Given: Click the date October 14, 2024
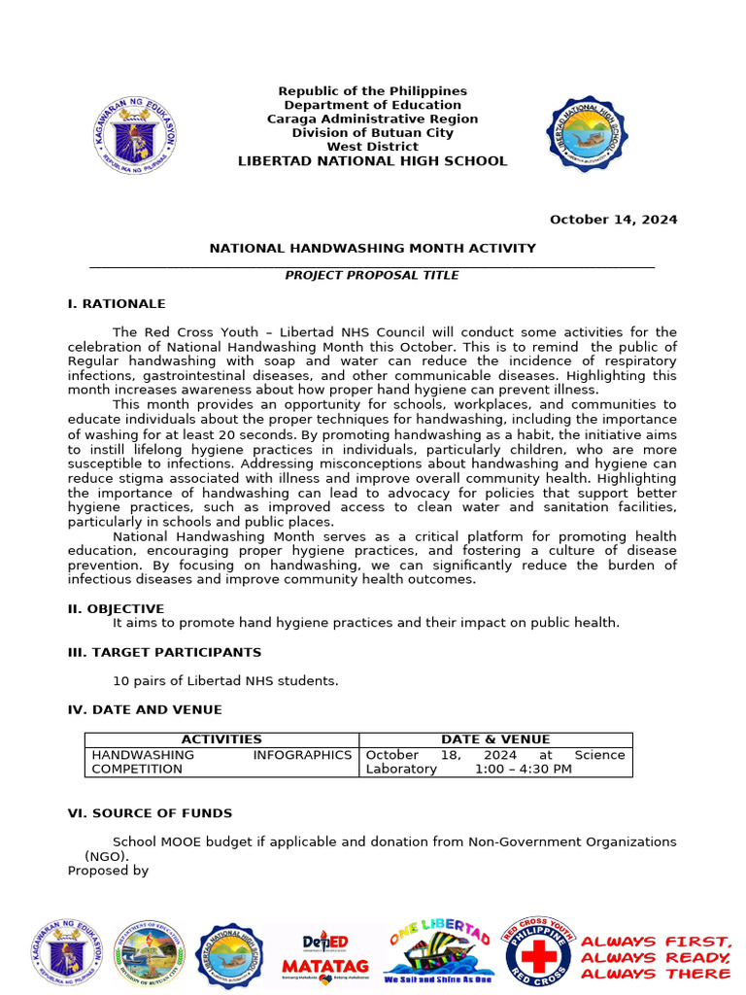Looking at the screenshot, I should click(x=613, y=220).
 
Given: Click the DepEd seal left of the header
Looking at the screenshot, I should click(x=135, y=135).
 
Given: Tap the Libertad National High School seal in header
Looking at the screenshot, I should click(x=586, y=134).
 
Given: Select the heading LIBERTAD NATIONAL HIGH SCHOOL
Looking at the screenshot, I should click(x=372, y=161).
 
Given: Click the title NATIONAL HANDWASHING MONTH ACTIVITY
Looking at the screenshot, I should click(x=372, y=249).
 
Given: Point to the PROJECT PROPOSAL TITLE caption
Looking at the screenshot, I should click(x=372, y=276).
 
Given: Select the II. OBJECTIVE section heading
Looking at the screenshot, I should click(x=116, y=609).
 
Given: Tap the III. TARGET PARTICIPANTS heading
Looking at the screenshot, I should click(x=164, y=652).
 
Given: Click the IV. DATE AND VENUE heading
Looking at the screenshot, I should click(x=145, y=710).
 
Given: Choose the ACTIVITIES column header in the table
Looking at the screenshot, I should click(x=221, y=739).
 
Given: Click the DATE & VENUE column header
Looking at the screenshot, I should click(x=495, y=739).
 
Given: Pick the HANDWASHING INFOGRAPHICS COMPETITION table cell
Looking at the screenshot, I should click(x=221, y=762).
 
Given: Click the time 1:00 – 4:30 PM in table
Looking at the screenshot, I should click(x=523, y=770).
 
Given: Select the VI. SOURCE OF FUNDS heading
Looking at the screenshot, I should click(x=150, y=813).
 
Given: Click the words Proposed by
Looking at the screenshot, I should click(x=108, y=871).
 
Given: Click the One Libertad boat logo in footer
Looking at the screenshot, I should click(x=437, y=952).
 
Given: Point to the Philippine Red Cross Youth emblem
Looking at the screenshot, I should click(x=537, y=952).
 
